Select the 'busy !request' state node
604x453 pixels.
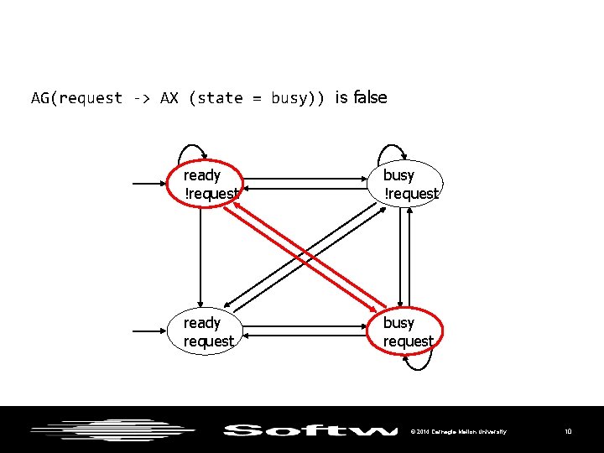pyautogui.click(x=410, y=184)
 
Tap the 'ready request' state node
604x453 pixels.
pyautogui.click(x=208, y=331)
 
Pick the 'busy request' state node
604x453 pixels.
pyautogui.click(x=409, y=331)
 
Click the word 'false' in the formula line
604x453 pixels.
pyautogui.click(x=371, y=97)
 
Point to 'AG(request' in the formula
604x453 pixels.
pyautogui.click(x=77, y=98)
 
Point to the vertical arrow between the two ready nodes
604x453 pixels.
pyautogui.click(x=201, y=256)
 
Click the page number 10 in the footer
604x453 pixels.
pyautogui.click(x=568, y=431)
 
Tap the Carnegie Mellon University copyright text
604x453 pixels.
pyautogui.click(x=458, y=431)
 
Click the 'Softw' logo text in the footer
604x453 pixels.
pyautogui.click(x=310, y=430)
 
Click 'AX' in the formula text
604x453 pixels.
pyautogui.click(x=169, y=98)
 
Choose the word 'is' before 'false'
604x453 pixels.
pyautogui.click(x=341, y=97)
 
